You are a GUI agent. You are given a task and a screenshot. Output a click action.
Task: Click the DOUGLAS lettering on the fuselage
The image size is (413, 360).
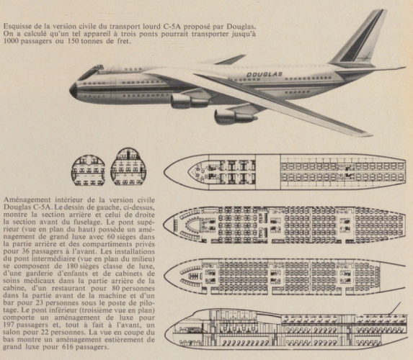coord(265,74)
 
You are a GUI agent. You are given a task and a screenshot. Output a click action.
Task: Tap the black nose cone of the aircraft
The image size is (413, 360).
coord(74,91)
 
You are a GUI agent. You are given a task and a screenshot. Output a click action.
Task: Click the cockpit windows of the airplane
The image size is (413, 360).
coord(91,71)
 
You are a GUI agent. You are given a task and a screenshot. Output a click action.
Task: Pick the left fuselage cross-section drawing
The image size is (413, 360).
coord(88,170)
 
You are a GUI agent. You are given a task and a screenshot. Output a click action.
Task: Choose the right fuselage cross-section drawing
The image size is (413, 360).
coord(128,166)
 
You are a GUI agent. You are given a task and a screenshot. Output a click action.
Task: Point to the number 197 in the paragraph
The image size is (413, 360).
coord(9,325)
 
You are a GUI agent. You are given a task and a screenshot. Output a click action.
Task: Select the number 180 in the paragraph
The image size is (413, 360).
coord(72,266)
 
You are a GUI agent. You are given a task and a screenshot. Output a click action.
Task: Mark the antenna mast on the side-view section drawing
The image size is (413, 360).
coord(394,308)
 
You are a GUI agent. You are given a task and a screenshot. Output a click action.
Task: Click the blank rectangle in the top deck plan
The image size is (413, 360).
coord(267,172)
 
